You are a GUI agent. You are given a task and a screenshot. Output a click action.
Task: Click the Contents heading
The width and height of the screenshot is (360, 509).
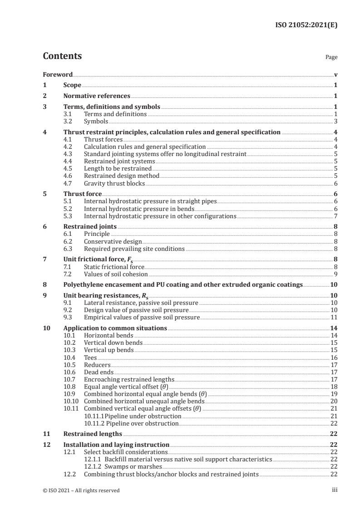point(62,57)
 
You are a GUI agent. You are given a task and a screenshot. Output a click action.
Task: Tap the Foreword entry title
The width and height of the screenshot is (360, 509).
point(58,74)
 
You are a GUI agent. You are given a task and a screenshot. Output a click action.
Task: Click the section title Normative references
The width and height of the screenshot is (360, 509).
point(97,96)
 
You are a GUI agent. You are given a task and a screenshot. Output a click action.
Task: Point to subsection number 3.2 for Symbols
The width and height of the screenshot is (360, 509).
point(68,122)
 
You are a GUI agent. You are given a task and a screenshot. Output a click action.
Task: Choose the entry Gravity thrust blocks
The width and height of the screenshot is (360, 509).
point(114,184)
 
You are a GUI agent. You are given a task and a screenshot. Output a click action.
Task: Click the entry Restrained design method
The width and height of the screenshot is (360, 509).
point(122,176)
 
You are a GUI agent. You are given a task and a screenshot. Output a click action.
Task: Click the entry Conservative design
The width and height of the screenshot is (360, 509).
point(113,241)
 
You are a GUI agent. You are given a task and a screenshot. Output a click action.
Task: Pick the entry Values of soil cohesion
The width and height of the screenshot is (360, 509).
point(116,274)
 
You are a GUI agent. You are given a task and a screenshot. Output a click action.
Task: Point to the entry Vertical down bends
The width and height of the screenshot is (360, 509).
point(113,343)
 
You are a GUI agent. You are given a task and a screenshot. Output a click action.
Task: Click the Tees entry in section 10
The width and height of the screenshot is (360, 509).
point(90,357)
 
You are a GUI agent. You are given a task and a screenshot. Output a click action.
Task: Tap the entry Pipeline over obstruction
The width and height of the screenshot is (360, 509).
point(132,423)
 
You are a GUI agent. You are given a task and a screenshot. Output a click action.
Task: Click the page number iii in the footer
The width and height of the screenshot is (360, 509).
point(335,490)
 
